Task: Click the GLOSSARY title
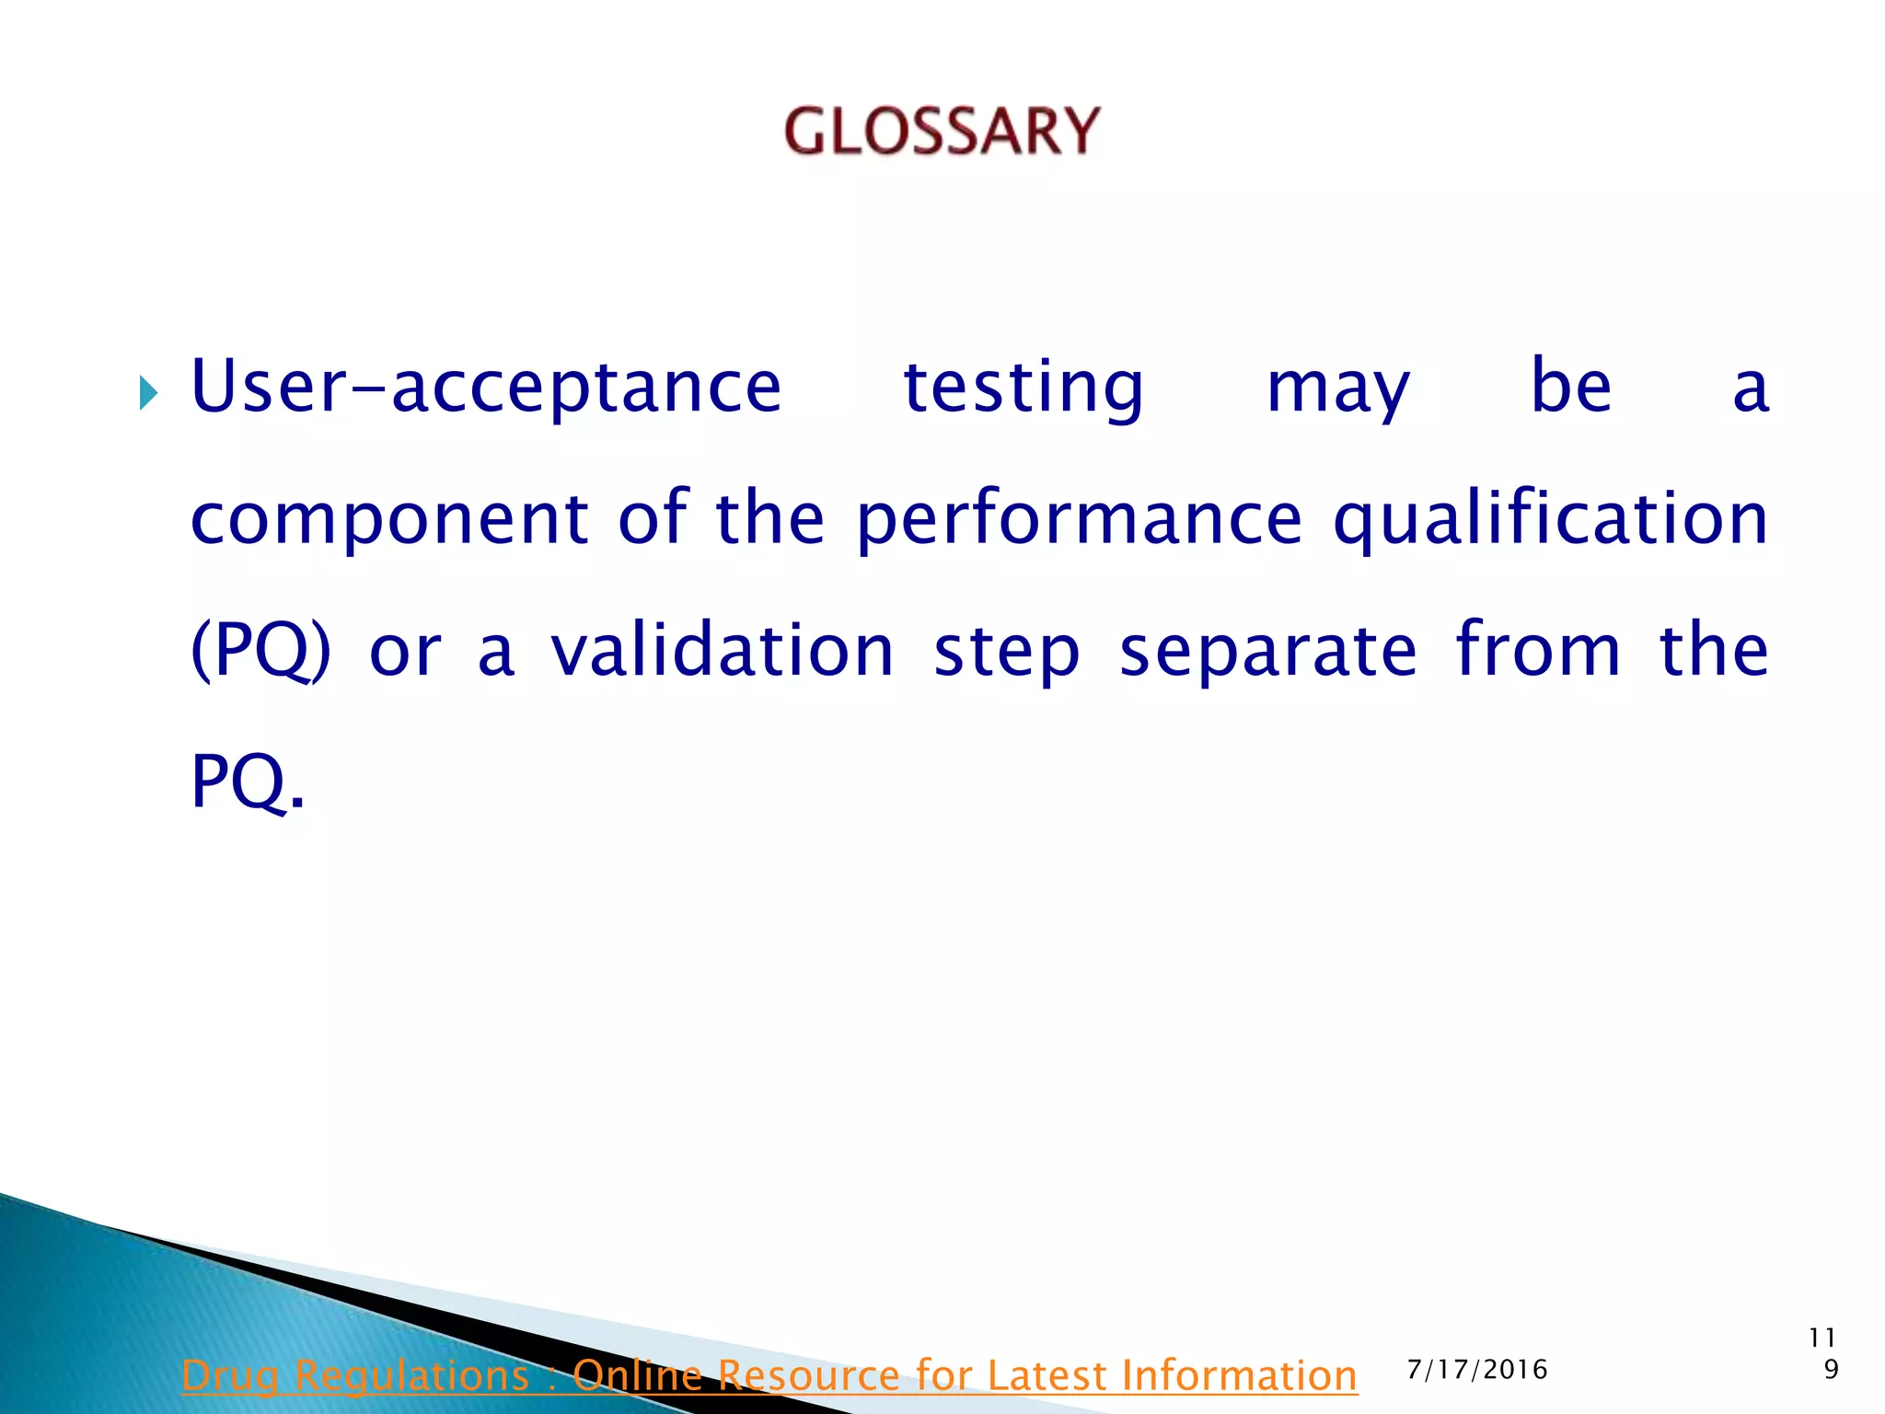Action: pos(942,131)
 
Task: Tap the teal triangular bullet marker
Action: pos(148,393)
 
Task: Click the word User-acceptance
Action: pos(486,387)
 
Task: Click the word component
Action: pos(388,519)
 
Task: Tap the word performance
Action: pos(1079,519)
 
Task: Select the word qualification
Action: pos(1550,519)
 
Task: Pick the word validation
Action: pos(723,649)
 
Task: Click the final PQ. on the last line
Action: pos(247,782)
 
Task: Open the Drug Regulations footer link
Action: pos(769,1375)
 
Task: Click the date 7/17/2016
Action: pos(1477,1370)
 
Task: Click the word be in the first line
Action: pos(1570,387)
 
